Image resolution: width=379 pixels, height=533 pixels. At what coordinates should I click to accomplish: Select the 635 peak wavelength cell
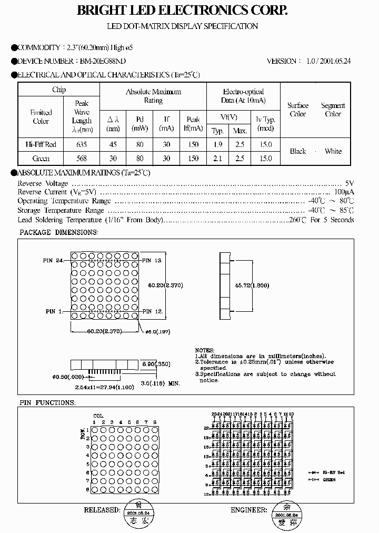point(82,144)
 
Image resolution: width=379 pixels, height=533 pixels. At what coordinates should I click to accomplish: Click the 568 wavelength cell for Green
point(82,158)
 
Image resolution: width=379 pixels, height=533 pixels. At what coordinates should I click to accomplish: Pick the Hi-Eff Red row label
point(41,144)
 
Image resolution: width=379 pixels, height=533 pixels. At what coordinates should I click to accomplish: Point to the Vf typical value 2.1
point(218,158)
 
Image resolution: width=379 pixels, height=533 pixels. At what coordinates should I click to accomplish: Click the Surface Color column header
point(298,110)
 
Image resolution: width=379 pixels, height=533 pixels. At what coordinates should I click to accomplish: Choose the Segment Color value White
point(333,151)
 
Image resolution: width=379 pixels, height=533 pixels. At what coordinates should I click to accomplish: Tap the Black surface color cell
point(298,151)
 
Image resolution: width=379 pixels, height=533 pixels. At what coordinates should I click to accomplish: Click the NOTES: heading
point(205,350)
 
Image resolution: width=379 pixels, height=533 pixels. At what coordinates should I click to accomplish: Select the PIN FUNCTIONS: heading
point(47,403)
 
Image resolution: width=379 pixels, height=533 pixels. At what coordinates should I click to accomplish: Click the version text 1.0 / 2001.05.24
point(328,61)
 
